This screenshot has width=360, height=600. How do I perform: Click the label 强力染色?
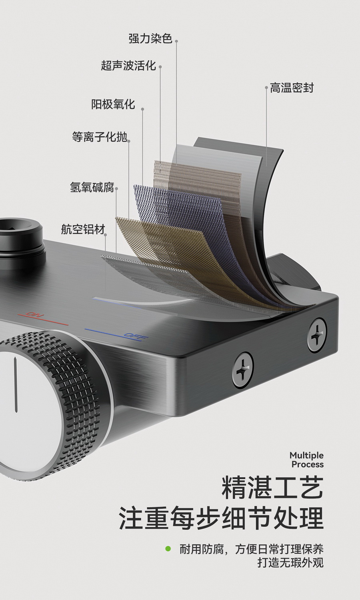(x=150, y=38)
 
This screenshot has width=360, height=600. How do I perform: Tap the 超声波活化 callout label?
(x=128, y=65)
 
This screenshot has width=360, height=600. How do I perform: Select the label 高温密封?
(x=292, y=88)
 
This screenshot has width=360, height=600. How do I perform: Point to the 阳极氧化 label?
(x=113, y=104)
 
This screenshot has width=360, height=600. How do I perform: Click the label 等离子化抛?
(x=99, y=137)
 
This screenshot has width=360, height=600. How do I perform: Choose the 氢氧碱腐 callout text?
(x=92, y=187)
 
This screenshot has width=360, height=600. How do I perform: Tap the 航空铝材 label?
(x=83, y=229)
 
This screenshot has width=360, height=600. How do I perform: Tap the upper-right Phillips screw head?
(x=317, y=335)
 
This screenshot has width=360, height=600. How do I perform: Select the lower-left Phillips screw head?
(x=243, y=370)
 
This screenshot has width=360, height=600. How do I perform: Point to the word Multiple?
(x=306, y=455)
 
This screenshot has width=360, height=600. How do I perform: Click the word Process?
(x=308, y=464)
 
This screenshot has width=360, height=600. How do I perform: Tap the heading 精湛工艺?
(x=272, y=488)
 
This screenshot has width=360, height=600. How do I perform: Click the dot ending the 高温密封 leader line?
(x=266, y=87)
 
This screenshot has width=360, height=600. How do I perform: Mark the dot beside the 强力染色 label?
(x=176, y=41)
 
